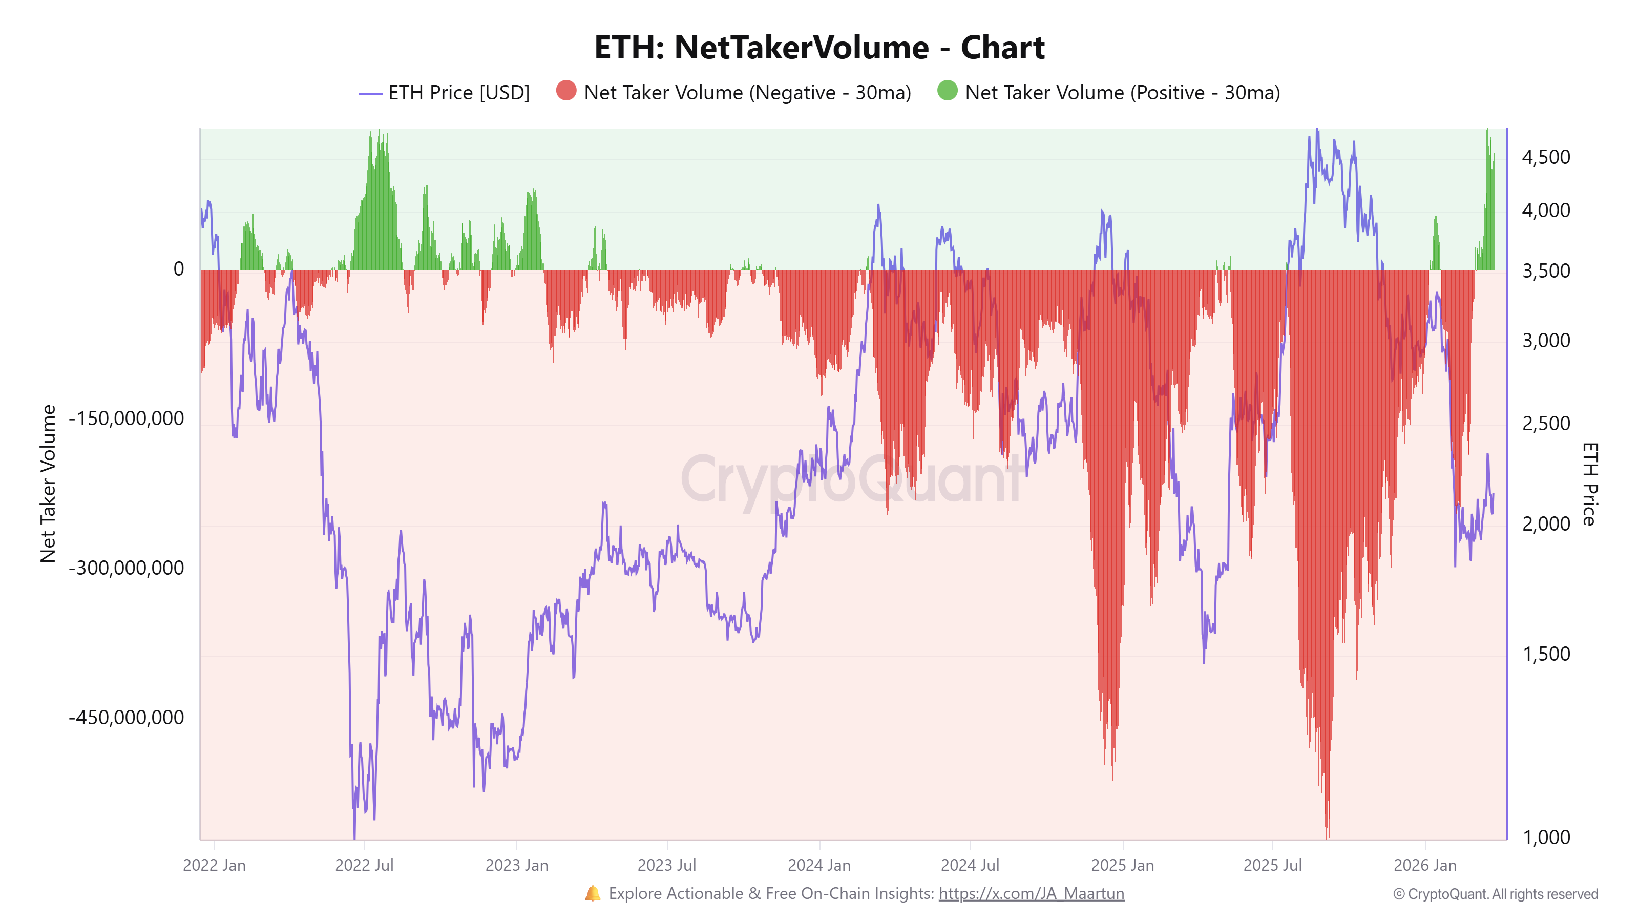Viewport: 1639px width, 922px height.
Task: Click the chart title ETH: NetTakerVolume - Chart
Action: (x=819, y=48)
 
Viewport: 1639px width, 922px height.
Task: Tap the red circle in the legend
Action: (x=565, y=91)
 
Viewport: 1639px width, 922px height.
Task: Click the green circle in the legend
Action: (x=947, y=91)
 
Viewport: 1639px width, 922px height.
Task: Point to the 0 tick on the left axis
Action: (x=179, y=269)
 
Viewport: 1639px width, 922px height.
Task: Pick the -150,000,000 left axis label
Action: (x=126, y=418)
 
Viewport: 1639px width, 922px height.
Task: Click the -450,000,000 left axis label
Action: (x=126, y=718)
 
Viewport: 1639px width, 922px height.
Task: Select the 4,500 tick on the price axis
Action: (x=1545, y=157)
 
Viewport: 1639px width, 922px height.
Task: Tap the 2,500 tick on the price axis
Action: (x=1545, y=423)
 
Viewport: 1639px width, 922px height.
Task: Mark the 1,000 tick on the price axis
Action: (x=1545, y=837)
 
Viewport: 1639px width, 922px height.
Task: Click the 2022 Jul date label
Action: (x=364, y=865)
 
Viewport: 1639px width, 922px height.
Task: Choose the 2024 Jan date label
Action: (x=819, y=865)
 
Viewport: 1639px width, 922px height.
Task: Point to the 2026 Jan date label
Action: (x=1424, y=865)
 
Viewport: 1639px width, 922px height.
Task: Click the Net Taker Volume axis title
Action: (x=48, y=484)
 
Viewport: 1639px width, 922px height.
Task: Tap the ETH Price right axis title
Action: (x=1589, y=484)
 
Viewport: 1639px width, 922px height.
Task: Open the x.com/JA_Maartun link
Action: (x=1031, y=893)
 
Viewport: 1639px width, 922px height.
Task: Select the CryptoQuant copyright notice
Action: (x=1495, y=894)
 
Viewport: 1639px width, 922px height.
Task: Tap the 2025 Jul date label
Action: (x=1272, y=865)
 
